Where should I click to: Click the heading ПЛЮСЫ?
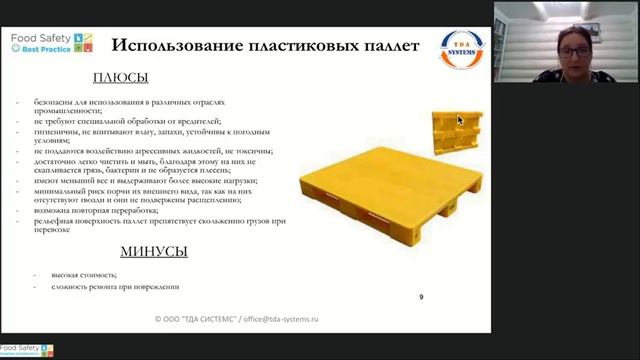coord(121,78)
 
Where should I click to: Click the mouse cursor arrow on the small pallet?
coord(460,120)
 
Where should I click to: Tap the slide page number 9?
coord(421,296)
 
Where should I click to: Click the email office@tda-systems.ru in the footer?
coord(283,319)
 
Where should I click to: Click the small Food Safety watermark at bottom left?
coord(26,350)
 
